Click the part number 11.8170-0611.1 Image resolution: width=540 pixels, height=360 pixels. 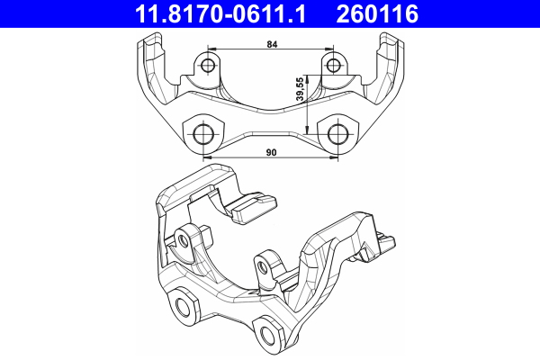pos(220,14)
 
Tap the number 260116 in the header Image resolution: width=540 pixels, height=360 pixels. pos(377,14)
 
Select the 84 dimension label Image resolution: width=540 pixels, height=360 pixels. pos(272,44)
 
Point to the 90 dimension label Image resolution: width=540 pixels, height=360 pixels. pos(272,152)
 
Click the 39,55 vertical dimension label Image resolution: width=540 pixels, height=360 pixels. pos(301,90)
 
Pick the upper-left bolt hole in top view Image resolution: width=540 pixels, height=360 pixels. pos(208,65)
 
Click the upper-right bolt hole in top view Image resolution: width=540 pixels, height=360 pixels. pos(333,65)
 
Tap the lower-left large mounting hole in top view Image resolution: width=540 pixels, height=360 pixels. pos(204,134)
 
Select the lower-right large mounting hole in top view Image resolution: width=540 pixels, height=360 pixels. pos(337,134)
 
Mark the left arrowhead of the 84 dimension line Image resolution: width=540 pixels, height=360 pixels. pos(211,49)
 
